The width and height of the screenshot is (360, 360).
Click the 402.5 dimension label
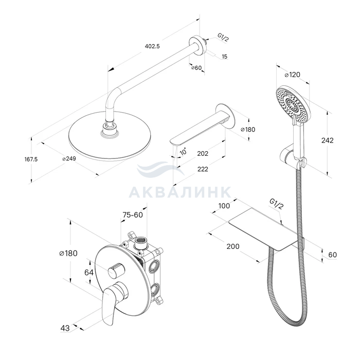[152, 46]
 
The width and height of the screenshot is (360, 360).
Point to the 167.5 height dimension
[31, 159]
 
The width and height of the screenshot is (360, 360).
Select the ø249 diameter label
[69, 158]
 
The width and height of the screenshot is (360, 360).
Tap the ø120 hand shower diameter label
[292, 75]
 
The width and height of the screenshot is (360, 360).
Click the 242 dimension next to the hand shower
[327, 140]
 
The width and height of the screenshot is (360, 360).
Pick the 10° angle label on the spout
[183, 151]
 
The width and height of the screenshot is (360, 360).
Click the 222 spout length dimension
[203, 169]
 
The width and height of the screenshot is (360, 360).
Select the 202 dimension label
[203, 153]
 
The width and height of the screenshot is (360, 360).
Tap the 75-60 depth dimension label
[133, 215]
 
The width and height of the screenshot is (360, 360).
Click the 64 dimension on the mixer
[89, 272]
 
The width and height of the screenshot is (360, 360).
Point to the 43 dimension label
[65, 328]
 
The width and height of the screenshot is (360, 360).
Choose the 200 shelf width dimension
[233, 246]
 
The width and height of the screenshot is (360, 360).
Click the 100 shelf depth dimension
[224, 206]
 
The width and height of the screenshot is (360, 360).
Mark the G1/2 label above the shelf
[277, 204]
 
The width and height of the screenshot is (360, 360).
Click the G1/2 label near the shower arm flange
[223, 38]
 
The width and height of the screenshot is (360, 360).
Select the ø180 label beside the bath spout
[248, 130]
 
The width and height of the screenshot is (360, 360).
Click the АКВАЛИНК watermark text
[180, 192]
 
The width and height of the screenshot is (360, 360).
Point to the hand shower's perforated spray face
[292, 104]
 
